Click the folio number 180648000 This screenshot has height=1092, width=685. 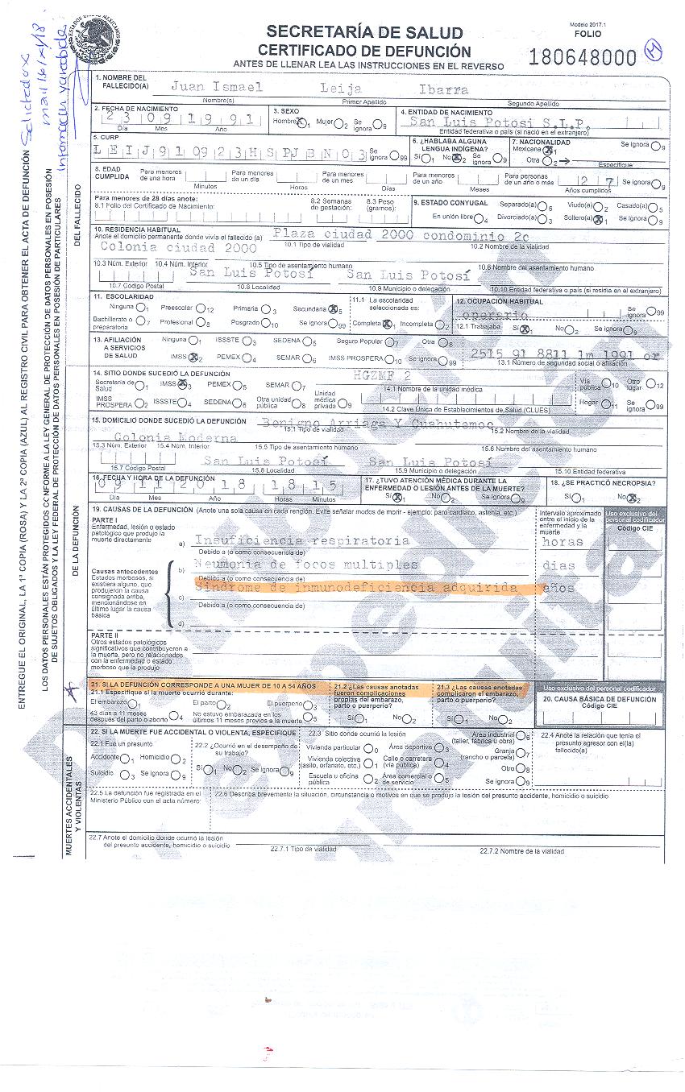(x=583, y=57)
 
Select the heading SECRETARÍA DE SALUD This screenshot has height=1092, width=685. (x=364, y=32)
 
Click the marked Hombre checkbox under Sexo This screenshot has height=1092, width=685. (x=302, y=123)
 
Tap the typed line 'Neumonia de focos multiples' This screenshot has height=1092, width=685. (x=308, y=565)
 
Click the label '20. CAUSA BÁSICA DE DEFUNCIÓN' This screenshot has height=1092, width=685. (x=600, y=700)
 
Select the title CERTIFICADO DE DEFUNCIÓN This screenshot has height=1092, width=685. (x=364, y=50)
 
